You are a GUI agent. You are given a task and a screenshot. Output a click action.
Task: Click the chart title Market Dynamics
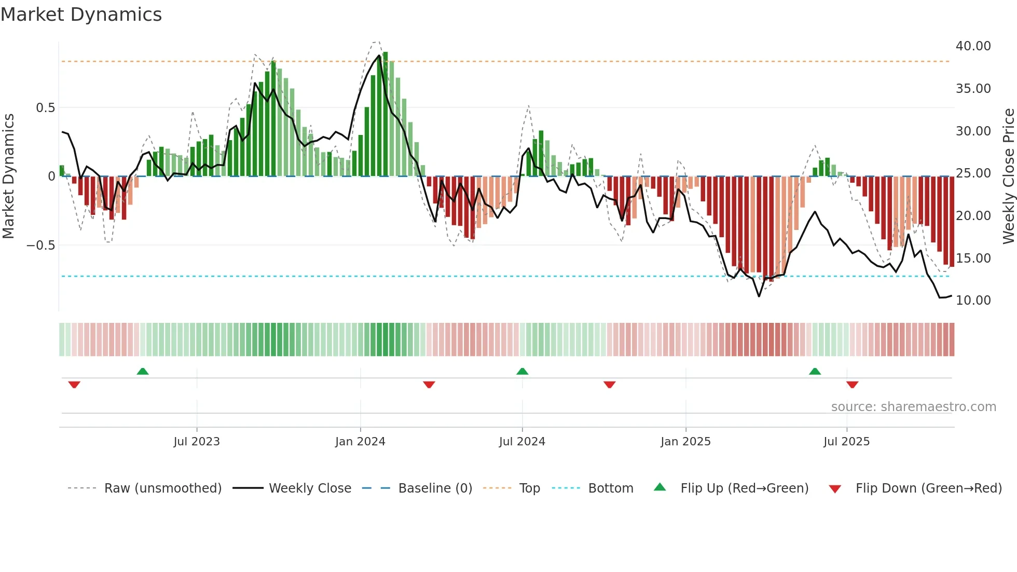click(81, 15)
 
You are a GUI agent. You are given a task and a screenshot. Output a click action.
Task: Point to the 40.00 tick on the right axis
click(973, 46)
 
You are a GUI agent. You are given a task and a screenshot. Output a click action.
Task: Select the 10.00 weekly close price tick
click(973, 301)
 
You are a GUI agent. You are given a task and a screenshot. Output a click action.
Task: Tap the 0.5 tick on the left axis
click(45, 108)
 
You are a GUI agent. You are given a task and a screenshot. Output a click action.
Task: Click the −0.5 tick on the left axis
click(40, 245)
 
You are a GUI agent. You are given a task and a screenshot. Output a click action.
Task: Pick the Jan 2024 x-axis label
click(360, 442)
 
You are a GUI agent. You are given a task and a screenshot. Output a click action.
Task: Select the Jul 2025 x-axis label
click(846, 442)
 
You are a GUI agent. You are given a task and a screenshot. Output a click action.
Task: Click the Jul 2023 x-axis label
click(197, 442)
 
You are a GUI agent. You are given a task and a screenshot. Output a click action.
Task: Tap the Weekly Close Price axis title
click(1008, 176)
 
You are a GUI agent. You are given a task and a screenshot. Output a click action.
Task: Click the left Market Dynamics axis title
click(8, 176)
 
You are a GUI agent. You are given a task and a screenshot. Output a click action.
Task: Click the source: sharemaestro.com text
click(913, 407)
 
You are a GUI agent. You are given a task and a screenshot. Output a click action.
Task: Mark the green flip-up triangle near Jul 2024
click(523, 372)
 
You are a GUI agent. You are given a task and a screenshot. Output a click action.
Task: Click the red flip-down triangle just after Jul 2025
click(852, 385)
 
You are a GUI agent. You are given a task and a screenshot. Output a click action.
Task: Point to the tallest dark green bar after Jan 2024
click(386, 114)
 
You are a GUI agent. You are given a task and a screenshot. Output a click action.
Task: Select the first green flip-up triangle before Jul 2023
click(143, 372)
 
